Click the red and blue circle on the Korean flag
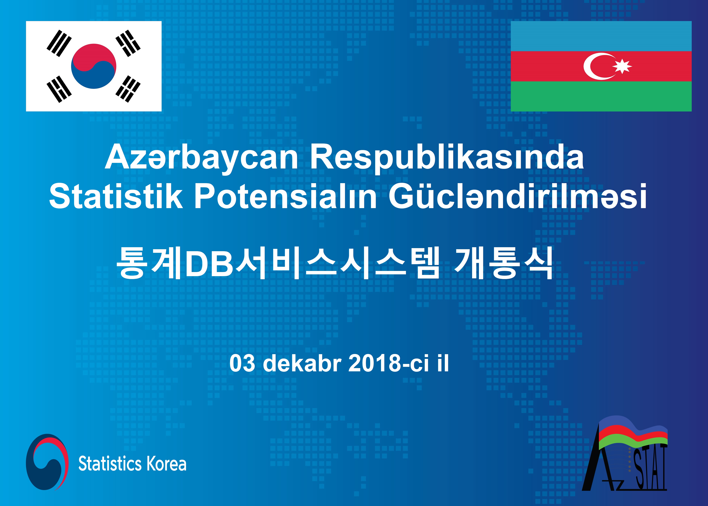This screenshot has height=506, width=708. coord(94,66)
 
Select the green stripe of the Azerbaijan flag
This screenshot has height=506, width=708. coord(601,96)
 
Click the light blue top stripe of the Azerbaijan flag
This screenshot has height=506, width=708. coord(601,36)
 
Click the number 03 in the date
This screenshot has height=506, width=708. coord(242,363)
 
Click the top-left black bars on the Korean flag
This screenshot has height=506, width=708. coord(59,43)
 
